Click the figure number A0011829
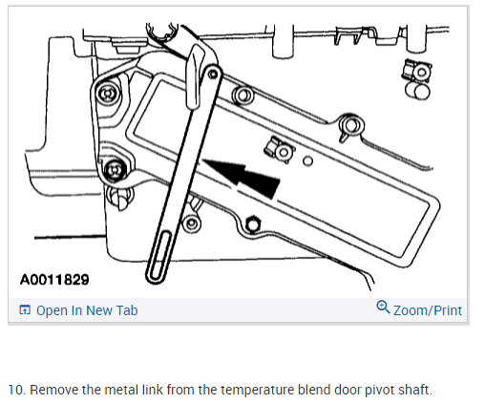(54, 280)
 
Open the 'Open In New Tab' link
(87, 310)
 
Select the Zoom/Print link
(428, 310)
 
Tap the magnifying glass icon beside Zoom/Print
(383, 308)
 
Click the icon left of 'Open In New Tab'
(25, 309)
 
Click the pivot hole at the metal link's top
(213, 74)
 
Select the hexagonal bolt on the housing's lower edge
(253, 224)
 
